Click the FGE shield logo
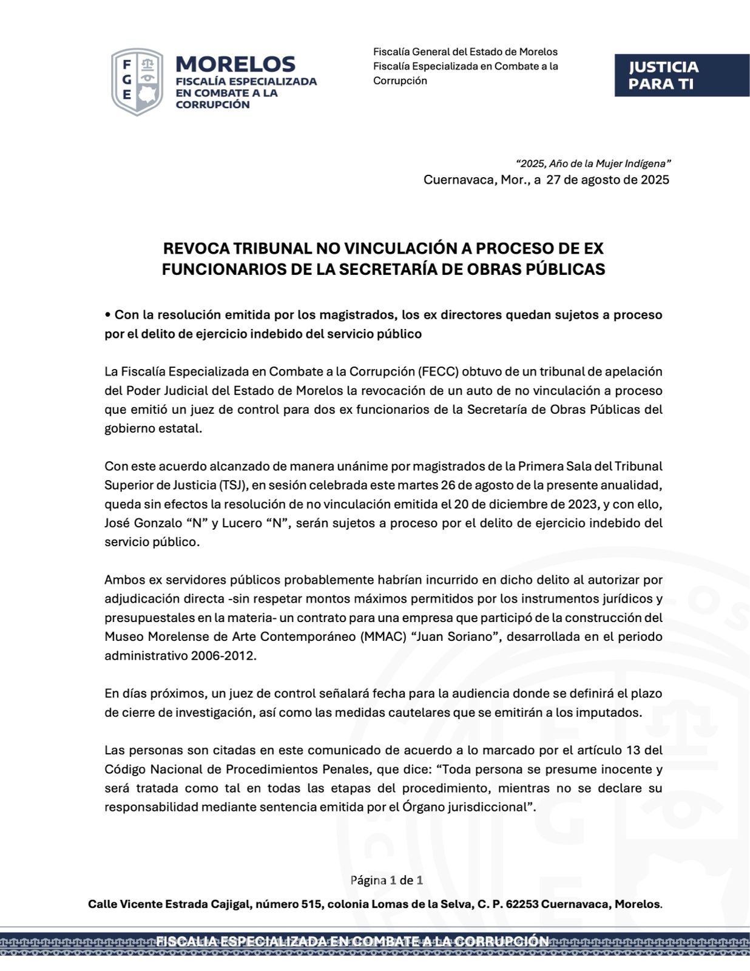(x=137, y=82)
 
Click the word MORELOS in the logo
(x=235, y=64)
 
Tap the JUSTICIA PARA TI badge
(x=681, y=75)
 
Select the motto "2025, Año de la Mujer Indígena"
(x=593, y=163)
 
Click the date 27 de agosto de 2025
(x=607, y=180)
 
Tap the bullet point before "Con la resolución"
(x=107, y=315)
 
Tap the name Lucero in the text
(x=242, y=523)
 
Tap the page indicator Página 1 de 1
(x=387, y=879)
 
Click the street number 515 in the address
(x=312, y=904)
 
